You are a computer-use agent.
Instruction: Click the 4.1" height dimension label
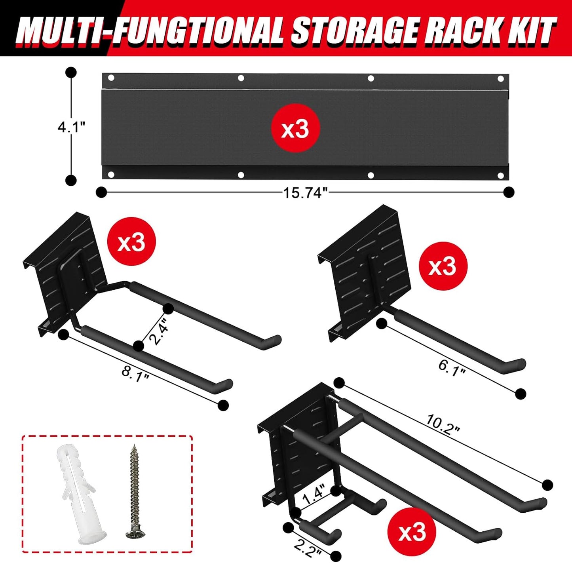[72, 127]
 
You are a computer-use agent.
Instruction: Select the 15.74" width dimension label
[305, 193]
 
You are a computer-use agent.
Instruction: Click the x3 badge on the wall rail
[295, 129]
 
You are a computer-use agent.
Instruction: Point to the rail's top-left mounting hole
[111, 78]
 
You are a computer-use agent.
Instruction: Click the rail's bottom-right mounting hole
[501, 175]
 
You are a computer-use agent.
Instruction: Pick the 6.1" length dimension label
[452, 367]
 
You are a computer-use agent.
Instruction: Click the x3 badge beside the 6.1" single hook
[443, 266]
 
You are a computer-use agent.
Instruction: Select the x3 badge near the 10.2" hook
[412, 531]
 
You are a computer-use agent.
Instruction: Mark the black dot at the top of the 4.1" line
[71, 72]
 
